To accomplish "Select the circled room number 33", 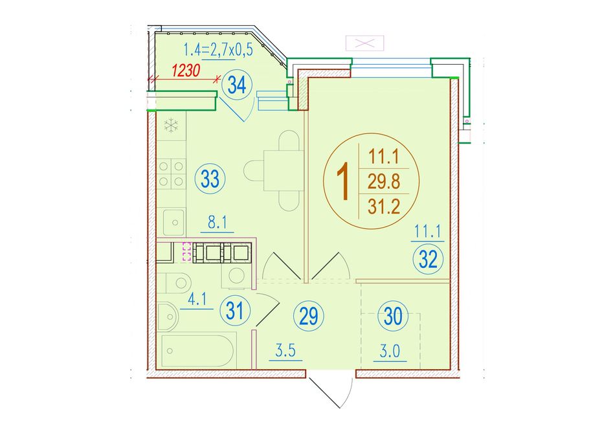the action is pyautogui.click(x=210, y=180).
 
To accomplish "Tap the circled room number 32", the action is pyautogui.click(x=428, y=260).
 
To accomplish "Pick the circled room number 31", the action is pyautogui.click(x=236, y=311).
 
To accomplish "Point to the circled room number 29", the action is pyautogui.click(x=309, y=316).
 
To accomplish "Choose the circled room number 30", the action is pyautogui.click(x=394, y=316).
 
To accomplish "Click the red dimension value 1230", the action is pyautogui.click(x=186, y=71).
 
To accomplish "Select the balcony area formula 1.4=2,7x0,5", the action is pyautogui.click(x=218, y=50).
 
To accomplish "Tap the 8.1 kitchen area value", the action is pyautogui.click(x=218, y=223).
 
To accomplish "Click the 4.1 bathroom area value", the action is pyautogui.click(x=197, y=300).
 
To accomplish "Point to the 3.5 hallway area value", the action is pyautogui.click(x=285, y=351).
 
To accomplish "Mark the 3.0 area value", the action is pyautogui.click(x=390, y=351).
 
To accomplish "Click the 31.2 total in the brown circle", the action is pyautogui.click(x=384, y=206).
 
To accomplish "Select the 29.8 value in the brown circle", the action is pyautogui.click(x=384, y=182).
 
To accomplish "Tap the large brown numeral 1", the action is pyautogui.click(x=343, y=182).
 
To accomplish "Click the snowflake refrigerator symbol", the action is pyautogui.click(x=171, y=126).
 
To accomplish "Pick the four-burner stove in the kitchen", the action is pyautogui.click(x=171, y=173).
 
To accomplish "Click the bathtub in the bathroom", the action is pyautogui.click(x=198, y=350).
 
